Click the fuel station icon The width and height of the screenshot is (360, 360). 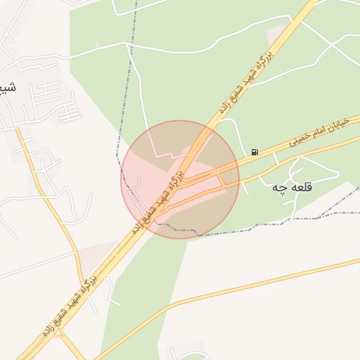click(254, 152)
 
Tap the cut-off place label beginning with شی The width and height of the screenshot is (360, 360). click(8, 88)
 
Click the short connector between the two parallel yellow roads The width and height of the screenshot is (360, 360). click(224, 181)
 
